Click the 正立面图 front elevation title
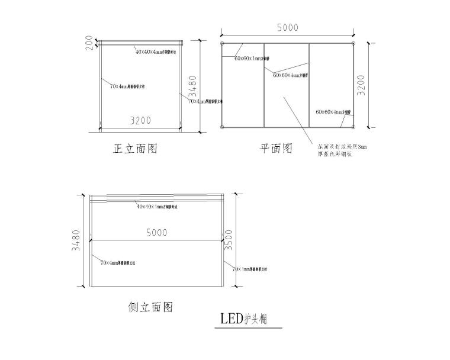click(x=135, y=149)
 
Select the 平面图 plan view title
click(x=277, y=148)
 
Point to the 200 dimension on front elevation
click(x=89, y=43)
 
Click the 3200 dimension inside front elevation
click(x=140, y=121)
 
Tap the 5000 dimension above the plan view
click(x=287, y=27)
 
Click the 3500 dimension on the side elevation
click(x=227, y=242)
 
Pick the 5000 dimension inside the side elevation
click(x=156, y=233)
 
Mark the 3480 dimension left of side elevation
click(x=75, y=242)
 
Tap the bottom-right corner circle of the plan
click(x=353, y=127)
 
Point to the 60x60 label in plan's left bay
click(x=251, y=58)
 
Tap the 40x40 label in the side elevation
click(x=157, y=207)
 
